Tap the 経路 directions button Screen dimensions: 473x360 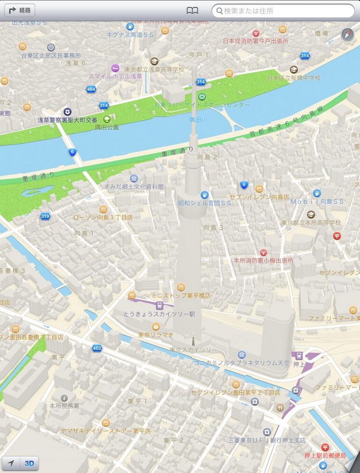click(19, 11)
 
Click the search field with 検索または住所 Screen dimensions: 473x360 click(283, 11)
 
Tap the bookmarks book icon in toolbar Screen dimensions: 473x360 click(192, 11)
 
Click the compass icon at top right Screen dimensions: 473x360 click(347, 34)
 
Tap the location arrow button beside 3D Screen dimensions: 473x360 click(11, 463)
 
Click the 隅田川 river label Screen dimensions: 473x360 click(198, 120)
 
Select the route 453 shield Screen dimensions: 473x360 click(97, 348)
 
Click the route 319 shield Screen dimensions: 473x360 click(45, 216)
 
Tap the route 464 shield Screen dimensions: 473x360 click(91, 89)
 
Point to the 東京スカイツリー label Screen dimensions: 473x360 click(193, 350)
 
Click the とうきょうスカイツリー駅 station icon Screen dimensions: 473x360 click(160, 306)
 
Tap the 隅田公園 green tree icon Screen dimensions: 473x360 click(106, 119)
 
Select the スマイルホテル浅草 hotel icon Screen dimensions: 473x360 click(115, 68)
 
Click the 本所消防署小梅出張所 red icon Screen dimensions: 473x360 click(263, 252)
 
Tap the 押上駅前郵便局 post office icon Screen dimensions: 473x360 click(325, 447)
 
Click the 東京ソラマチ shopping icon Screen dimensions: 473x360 click(156, 327)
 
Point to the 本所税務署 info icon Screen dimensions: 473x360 click(64, 398)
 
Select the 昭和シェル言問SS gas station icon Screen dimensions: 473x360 click(204, 195)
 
